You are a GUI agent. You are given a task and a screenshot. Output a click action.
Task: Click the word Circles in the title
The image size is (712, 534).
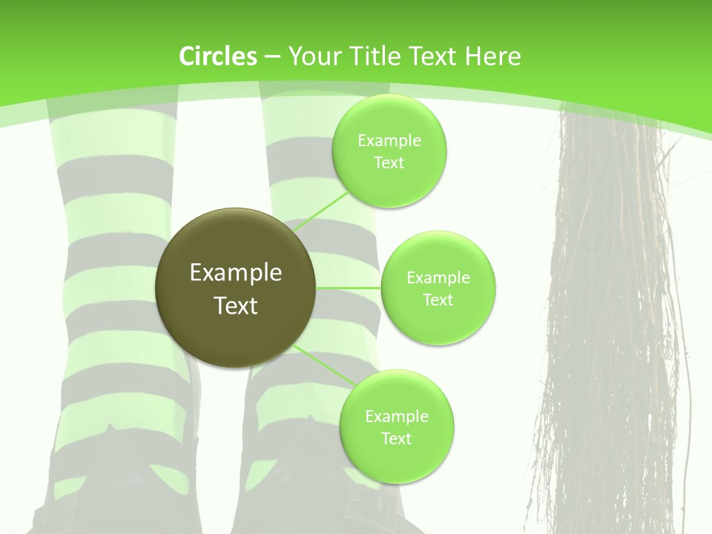[217, 56]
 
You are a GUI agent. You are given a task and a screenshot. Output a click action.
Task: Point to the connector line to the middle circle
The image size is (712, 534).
[349, 288]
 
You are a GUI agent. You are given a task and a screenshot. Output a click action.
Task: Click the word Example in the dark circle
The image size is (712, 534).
[235, 273]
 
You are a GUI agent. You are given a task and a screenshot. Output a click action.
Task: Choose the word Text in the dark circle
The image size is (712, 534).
[235, 306]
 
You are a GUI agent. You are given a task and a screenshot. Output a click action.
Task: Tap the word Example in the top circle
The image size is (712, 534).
[389, 141]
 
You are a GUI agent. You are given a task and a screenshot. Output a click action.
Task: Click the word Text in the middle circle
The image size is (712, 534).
[438, 300]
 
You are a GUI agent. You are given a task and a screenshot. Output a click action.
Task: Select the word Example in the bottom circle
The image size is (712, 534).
[397, 417]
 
